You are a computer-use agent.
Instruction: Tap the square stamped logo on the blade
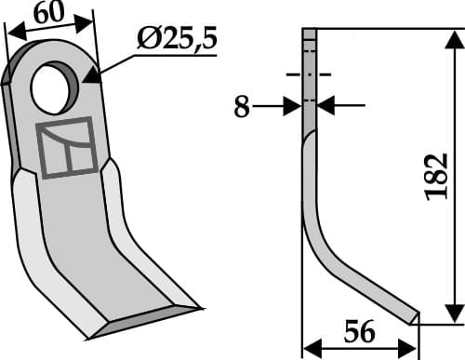click(67, 148)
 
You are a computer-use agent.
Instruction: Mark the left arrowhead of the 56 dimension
click(312, 348)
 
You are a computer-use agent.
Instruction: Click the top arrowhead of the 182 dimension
click(453, 35)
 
